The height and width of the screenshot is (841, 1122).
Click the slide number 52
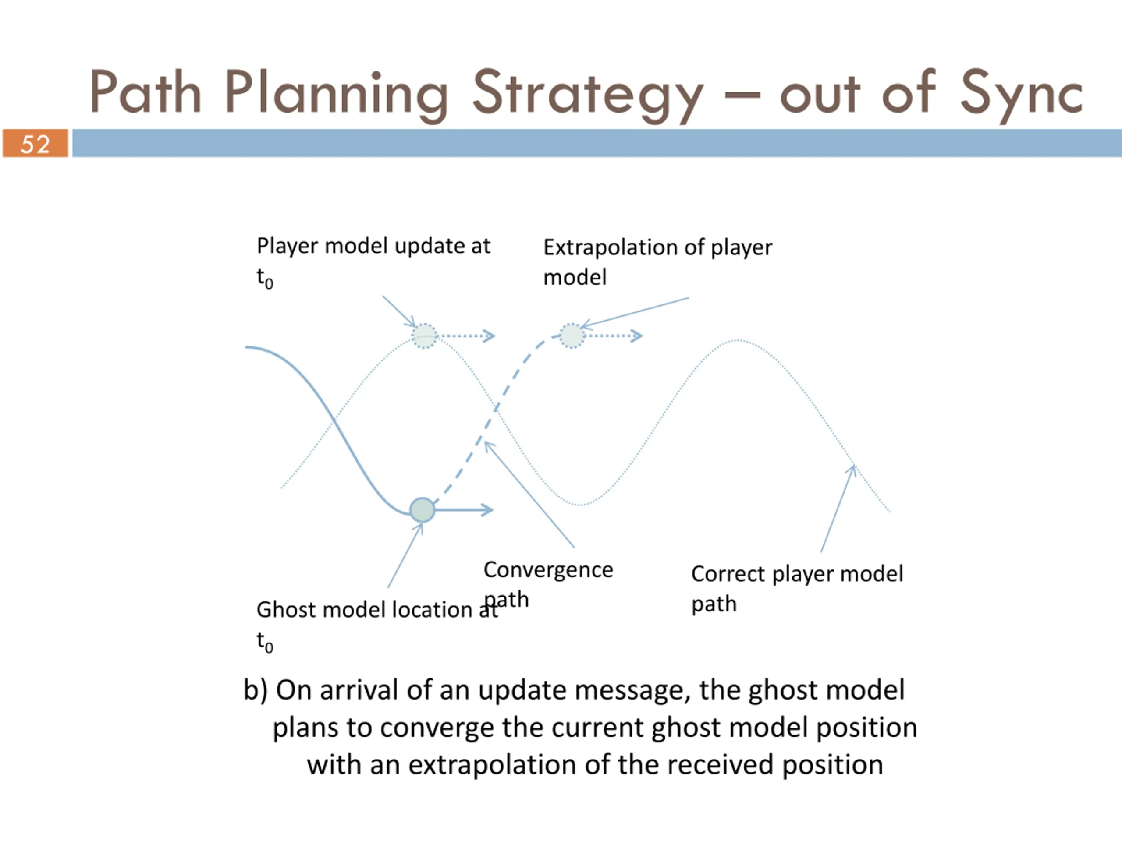(35, 144)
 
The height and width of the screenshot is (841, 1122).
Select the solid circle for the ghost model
(422, 510)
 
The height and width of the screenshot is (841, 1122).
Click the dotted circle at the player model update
(425, 336)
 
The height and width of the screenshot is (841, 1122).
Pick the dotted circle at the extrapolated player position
(572, 336)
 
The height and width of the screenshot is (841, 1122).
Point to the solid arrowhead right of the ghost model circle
(487, 510)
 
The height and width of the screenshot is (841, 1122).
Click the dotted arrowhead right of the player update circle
(490, 336)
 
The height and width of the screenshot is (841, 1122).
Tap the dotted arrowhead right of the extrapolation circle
(637, 336)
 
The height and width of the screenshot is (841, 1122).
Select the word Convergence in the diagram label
(548, 570)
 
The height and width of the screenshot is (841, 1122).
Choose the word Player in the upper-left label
(287, 246)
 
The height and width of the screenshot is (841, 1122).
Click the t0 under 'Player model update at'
(264, 278)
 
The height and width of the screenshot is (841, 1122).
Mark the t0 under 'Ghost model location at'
(264, 642)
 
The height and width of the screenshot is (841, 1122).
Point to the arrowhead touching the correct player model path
(852, 470)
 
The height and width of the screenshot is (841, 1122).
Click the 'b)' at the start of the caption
(255, 690)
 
